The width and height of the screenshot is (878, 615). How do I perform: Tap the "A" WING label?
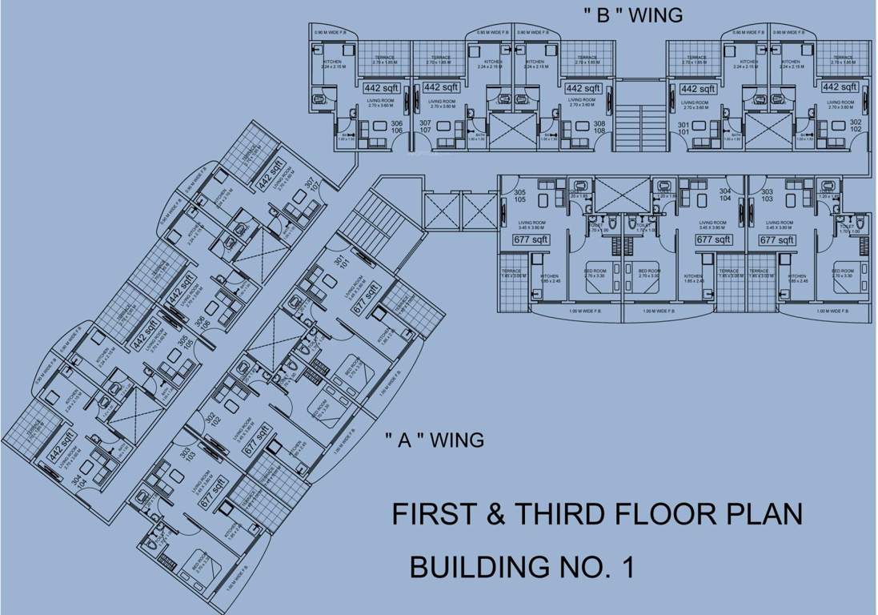(433, 440)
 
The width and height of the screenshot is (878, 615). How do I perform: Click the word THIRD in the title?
(556, 514)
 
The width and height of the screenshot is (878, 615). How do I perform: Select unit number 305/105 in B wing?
(519, 197)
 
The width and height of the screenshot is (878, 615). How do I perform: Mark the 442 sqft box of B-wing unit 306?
(382, 88)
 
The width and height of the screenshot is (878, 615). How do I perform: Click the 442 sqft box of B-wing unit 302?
(840, 87)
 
